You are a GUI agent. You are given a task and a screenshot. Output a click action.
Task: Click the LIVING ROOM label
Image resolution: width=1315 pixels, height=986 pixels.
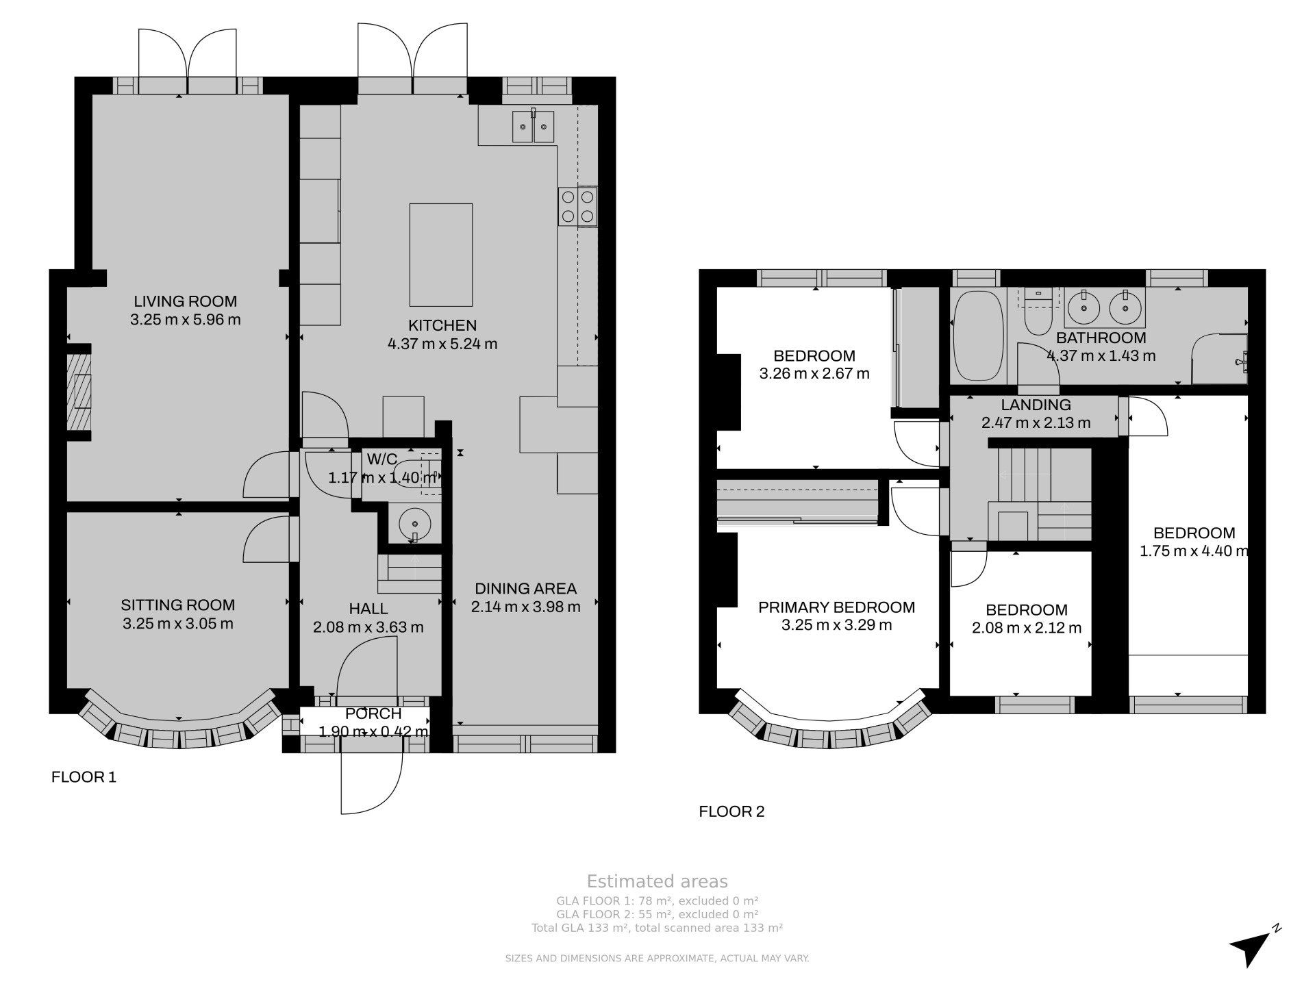185,301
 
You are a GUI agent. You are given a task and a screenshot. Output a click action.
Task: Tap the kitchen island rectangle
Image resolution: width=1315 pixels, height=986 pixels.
441,255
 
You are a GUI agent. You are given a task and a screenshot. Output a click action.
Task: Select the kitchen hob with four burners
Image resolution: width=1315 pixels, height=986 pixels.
578,207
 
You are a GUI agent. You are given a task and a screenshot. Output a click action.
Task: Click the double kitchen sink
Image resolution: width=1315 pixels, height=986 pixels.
533,126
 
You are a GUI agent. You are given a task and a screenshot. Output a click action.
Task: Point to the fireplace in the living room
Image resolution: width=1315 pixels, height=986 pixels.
79,392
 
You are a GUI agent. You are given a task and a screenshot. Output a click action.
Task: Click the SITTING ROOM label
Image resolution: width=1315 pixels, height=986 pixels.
178,605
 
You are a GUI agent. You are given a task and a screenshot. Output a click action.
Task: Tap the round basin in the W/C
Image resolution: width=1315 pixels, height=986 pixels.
415,524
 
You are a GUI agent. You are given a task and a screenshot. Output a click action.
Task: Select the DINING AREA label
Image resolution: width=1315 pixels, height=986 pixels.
525,588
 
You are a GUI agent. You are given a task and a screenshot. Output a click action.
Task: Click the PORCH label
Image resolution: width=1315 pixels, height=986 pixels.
373,714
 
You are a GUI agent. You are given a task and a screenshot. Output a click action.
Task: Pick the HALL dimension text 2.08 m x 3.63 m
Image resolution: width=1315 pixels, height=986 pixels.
368,627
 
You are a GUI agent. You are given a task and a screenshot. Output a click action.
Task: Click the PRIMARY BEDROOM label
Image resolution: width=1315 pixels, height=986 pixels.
836,607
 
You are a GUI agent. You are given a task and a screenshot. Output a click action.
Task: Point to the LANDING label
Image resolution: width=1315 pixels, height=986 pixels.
1036,405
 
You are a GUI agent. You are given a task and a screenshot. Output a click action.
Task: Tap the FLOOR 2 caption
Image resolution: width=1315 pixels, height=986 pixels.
731,812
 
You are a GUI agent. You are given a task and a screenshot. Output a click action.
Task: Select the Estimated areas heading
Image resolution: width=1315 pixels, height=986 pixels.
657,882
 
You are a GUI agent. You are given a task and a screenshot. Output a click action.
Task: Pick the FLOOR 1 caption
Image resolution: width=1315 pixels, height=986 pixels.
84,777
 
